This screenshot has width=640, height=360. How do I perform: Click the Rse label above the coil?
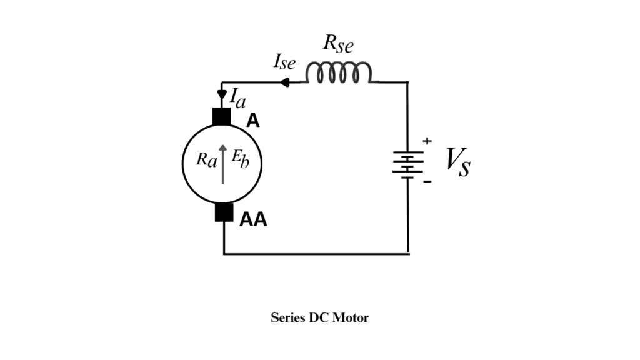pos(337,44)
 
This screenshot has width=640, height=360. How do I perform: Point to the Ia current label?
pos(237,97)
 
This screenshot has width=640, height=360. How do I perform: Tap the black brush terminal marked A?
pos(222,117)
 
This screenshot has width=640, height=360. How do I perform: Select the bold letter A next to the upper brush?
pos(252,121)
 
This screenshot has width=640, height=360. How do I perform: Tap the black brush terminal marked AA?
pos(224,212)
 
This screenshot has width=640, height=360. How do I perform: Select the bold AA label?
pos(253,219)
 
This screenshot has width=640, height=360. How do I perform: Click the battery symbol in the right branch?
pos(407,164)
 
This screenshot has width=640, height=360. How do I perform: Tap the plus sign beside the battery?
pos(427,141)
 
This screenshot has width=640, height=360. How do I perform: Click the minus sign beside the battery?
pos(427,182)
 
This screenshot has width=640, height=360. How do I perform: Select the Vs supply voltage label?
pos(458,162)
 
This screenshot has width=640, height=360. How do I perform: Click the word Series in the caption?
pos(287,317)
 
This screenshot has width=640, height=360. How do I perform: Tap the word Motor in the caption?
pos(351,317)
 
